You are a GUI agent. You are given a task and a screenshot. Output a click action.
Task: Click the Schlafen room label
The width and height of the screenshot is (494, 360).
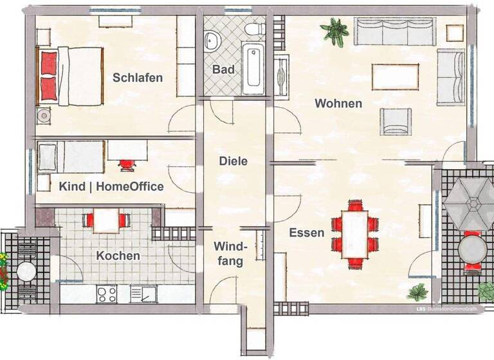(138, 78)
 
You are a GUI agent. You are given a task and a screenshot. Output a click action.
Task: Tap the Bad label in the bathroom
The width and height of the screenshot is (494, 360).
(223, 69)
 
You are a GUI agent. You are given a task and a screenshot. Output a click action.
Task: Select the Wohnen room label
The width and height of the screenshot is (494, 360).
(338, 103)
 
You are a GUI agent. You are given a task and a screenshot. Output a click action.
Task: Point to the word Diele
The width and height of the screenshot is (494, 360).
(233, 161)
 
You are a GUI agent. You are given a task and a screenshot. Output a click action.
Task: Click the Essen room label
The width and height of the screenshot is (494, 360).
(306, 232)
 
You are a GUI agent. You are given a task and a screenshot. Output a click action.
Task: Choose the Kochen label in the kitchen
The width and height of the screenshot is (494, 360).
(118, 255)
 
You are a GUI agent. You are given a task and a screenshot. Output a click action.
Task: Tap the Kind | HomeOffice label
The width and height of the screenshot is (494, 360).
(111, 186)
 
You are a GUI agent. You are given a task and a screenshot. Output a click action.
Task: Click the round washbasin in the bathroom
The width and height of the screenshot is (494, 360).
(212, 42)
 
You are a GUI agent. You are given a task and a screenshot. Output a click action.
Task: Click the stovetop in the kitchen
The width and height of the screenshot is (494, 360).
(106, 294)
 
